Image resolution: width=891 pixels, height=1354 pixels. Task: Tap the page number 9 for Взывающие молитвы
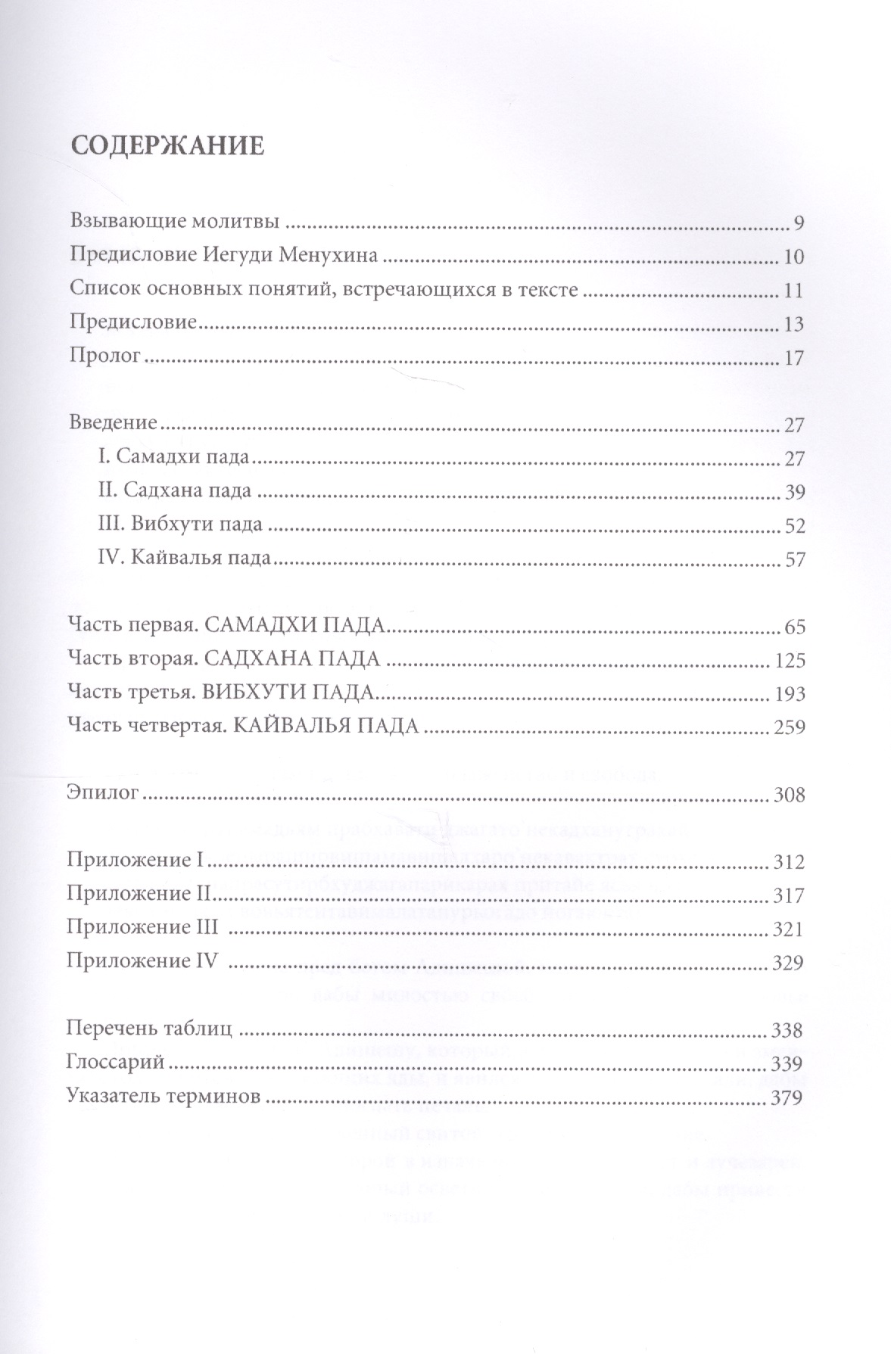pyautogui.click(x=798, y=224)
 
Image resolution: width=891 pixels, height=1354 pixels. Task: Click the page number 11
pyautogui.click(x=793, y=291)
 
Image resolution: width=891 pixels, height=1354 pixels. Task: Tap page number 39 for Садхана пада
pyautogui.click(x=794, y=493)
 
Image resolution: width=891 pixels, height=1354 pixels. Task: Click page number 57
pyautogui.click(x=794, y=560)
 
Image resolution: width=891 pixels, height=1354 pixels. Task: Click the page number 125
pyautogui.click(x=790, y=661)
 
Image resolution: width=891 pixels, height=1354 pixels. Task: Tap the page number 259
pyautogui.click(x=789, y=727)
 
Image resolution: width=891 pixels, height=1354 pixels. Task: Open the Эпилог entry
pyautogui.click(x=102, y=795)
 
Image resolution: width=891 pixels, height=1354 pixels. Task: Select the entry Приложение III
pyautogui.click(x=142, y=928)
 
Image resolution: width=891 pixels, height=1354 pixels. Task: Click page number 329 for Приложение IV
pyautogui.click(x=787, y=963)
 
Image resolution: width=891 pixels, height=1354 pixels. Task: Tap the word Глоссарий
pyautogui.click(x=115, y=1063)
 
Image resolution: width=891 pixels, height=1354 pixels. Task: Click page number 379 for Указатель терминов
pyautogui.click(x=786, y=1098)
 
